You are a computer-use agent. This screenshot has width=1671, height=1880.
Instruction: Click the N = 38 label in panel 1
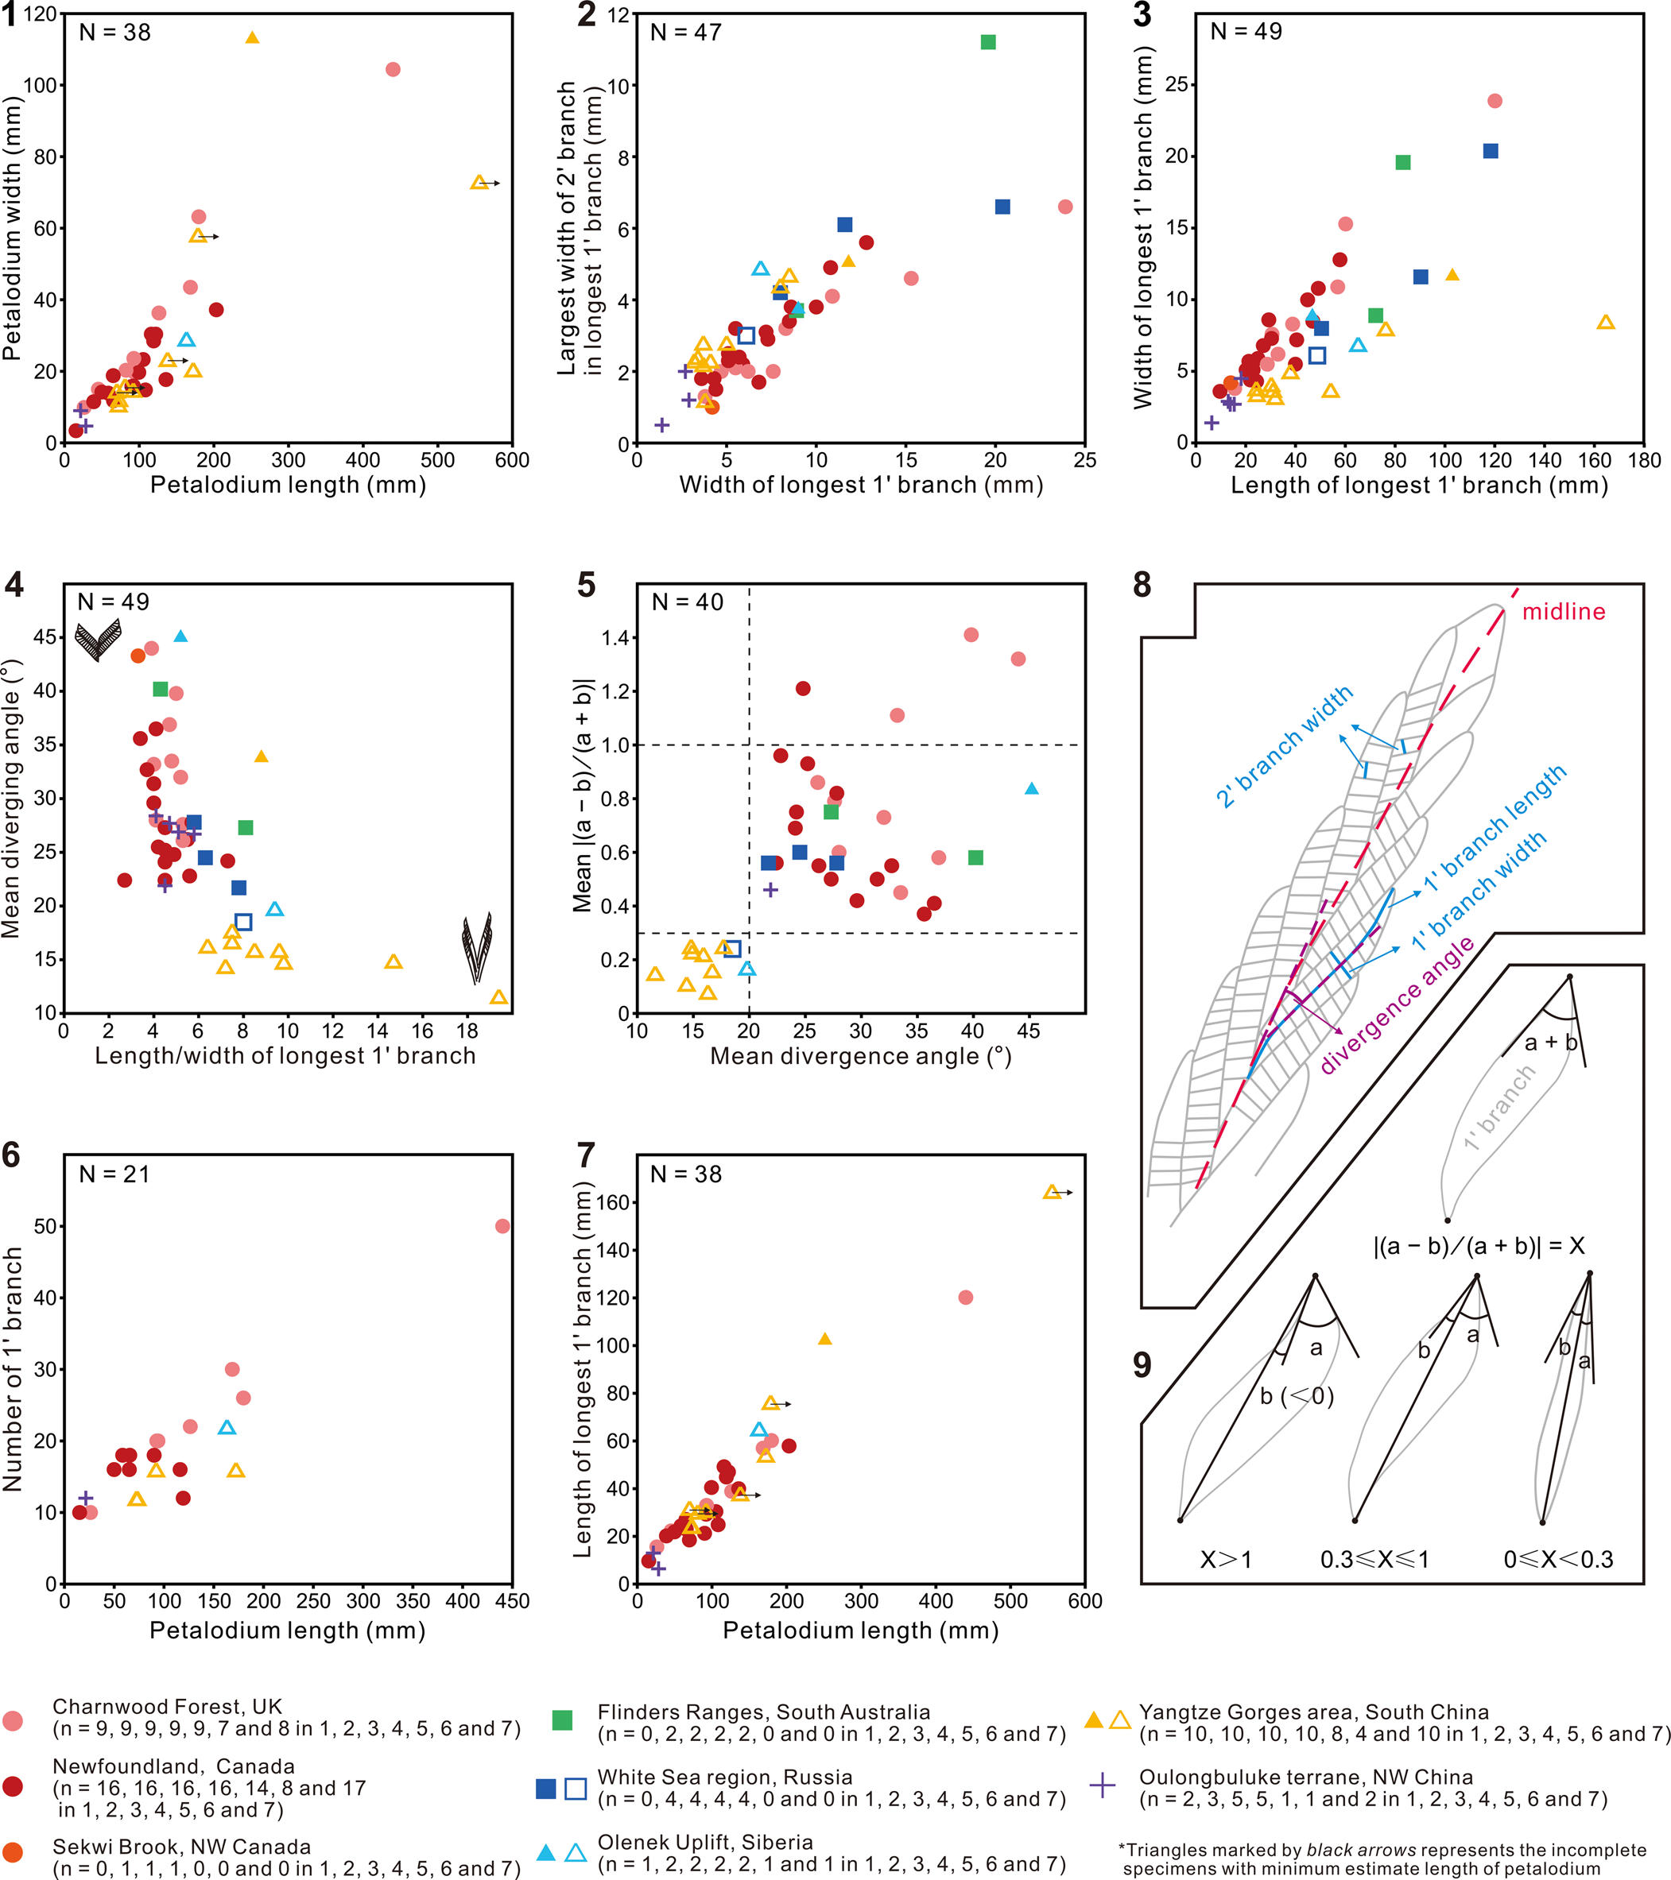point(115,33)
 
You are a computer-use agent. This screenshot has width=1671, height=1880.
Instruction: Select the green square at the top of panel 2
point(988,42)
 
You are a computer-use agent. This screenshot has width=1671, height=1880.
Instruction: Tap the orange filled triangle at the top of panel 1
point(252,37)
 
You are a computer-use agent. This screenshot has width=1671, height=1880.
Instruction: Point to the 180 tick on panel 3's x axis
point(1643,460)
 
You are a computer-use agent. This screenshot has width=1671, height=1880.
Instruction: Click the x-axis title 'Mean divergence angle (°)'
point(860,1056)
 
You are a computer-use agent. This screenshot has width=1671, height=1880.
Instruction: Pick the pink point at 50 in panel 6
point(502,1226)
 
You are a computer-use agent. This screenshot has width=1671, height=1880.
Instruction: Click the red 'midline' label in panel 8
point(1564,612)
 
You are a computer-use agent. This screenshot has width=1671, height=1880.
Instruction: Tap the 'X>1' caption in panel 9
point(1226,1560)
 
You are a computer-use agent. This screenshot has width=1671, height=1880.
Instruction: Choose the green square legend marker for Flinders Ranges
point(562,1720)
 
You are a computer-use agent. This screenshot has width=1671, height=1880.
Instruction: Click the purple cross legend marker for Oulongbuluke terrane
point(1103,1786)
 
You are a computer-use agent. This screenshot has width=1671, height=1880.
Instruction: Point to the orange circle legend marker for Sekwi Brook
point(13,1851)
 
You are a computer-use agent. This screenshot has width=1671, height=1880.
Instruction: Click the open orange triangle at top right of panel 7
point(1052,1192)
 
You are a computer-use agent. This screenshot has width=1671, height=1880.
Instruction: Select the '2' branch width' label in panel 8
point(1285,746)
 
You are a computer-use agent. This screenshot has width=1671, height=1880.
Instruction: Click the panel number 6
point(12,1155)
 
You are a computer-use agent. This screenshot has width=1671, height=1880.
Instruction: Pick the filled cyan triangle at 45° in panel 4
point(180,636)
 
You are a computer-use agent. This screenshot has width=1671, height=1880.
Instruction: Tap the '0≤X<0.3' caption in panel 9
point(1558,1560)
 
